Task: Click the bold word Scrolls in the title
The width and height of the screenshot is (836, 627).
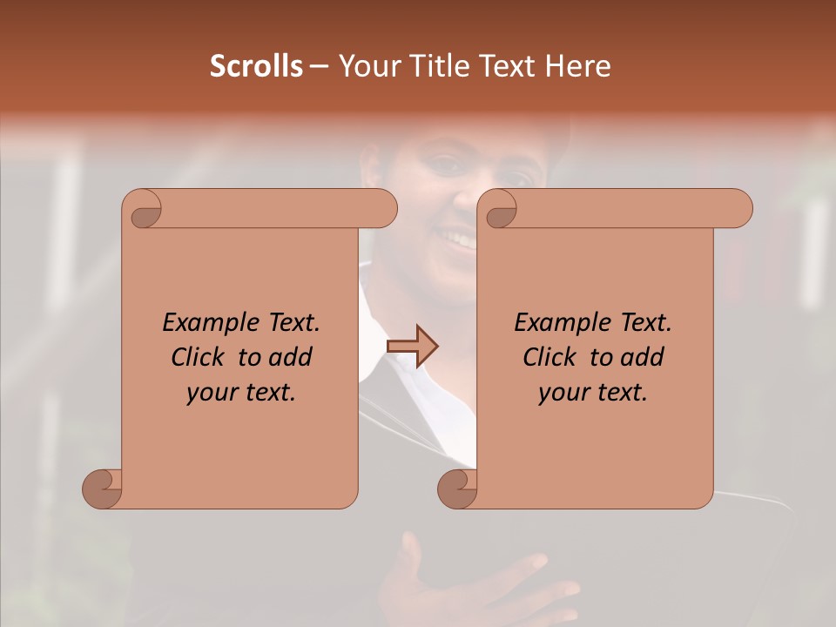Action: click(x=257, y=66)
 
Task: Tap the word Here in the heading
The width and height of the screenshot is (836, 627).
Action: click(x=578, y=66)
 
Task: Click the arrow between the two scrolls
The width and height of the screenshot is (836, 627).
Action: click(x=413, y=347)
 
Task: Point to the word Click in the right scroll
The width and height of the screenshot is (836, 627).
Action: click(x=550, y=357)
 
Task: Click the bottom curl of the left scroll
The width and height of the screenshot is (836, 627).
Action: click(x=103, y=488)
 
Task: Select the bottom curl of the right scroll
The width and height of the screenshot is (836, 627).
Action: click(x=458, y=488)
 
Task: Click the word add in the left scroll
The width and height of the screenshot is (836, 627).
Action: click(x=291, y=357)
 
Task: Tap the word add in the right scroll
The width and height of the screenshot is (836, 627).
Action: click(x=643, y=357)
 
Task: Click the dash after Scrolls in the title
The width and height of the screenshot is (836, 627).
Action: click(x=319, y=67)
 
